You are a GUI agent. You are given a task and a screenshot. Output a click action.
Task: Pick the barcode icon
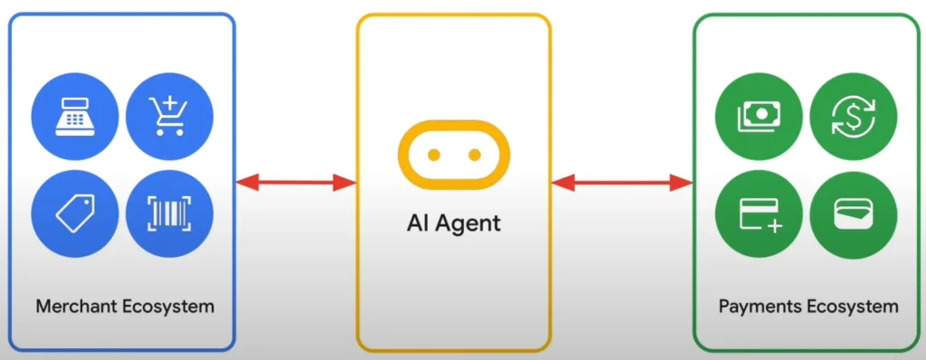[169, 213]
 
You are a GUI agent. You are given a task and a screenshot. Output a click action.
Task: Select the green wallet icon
[853, 214]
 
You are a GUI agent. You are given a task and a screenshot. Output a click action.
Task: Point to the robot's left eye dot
[433, 156]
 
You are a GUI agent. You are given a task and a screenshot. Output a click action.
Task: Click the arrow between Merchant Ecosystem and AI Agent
[296, 183]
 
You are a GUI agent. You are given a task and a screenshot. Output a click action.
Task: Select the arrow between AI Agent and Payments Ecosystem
[622, 183]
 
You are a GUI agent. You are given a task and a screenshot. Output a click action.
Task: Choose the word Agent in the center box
[468, 223]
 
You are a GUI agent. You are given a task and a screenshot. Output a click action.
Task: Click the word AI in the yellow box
[418, 222]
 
